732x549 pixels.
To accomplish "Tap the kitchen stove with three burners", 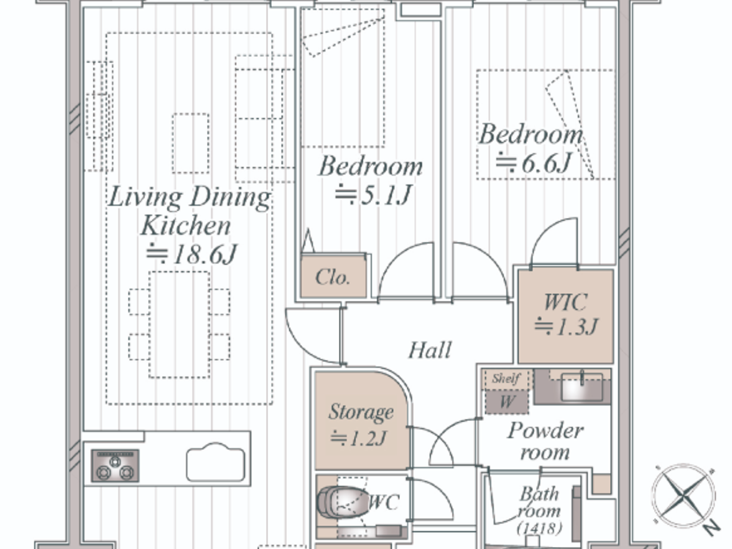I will [x=115, y=465].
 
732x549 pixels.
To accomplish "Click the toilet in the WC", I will [x=337, y=502].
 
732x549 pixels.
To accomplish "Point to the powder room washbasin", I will [x=581, y=387].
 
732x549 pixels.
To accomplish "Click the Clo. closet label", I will [x=333, y=277].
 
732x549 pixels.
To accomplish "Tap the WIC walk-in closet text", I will [x=565, y=302].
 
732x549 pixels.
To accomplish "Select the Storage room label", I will [x=361, y=412].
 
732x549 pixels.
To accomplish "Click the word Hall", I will [x=429, y=350].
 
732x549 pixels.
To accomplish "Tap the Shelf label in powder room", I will [x=506, y=378].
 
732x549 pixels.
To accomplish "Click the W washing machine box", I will [x=507, y=402].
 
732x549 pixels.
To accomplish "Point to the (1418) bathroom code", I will [x=539, y=528].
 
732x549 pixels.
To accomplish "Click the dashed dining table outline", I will [x=179, y=324].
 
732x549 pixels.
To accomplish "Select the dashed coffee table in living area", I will [x=191, y=143].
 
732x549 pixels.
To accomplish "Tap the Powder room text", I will [x=545, y=441].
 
